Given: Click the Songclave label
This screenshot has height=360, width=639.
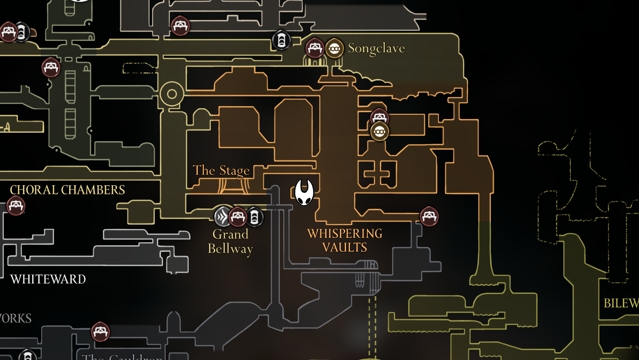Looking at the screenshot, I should coord(376,48).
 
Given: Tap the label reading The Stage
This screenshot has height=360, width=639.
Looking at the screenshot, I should coord(221,170).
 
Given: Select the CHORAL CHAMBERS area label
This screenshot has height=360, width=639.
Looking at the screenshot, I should coord(67,190).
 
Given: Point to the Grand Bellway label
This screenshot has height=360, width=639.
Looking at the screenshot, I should coord(230,241).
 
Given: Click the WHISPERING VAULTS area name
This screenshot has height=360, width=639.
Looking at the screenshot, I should coord(345,240).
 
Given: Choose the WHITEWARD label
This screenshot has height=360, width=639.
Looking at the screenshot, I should coord(48,279).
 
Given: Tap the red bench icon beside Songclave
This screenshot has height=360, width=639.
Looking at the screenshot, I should coord(315,48).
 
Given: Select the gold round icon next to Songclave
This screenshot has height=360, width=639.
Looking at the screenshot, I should coord(334,49).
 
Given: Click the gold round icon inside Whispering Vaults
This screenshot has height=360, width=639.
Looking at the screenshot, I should coord(379,131).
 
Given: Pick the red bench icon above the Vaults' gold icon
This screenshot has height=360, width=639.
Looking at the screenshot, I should coord(379,117).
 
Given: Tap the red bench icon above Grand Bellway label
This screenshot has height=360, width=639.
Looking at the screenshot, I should coord(238,217).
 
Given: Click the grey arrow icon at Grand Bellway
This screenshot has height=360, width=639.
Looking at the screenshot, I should coord(223,217).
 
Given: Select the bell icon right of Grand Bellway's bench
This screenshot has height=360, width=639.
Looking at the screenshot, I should coord(254,217).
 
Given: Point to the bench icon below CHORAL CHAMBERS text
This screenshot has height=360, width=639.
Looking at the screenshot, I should coord(16,206).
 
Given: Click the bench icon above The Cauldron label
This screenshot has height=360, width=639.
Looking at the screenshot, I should coord(100,332).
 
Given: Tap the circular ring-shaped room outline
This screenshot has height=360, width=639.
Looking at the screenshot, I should coord(172,94).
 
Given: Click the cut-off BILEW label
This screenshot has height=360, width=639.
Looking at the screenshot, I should coord(621,303).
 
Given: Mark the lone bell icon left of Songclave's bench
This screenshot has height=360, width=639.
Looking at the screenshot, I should coord(281,40).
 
